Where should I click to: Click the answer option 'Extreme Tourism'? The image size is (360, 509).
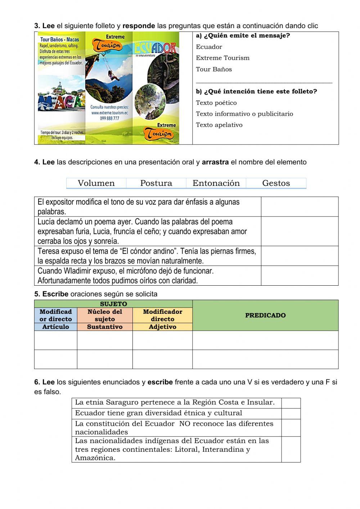[222, 58]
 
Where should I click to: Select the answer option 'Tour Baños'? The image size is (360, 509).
[214, 69]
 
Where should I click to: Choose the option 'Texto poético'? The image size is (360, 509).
[216, 103]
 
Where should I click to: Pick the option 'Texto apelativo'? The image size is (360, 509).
[219, 125]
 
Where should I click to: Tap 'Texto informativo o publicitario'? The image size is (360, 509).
[244, 114]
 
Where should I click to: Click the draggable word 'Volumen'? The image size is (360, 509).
[96, 183]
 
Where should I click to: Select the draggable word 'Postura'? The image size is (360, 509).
[156, 183]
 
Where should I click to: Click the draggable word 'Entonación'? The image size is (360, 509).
[216, 183]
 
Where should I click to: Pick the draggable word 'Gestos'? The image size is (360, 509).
[276, 183]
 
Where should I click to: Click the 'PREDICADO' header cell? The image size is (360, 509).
[265, 315]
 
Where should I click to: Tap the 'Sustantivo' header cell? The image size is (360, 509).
[105, 327]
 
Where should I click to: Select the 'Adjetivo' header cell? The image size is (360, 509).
[162, 327]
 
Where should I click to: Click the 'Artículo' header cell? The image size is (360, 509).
[55, 327]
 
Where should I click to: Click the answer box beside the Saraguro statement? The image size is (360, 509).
[291, 403]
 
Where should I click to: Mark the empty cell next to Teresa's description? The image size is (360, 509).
[300, 256]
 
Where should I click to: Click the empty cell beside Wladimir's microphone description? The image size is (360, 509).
[300, 276]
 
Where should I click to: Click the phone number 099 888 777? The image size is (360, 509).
[109, 118]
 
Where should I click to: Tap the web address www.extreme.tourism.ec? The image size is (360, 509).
[109, 113]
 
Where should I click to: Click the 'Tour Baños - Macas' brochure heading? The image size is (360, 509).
[59, 40]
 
